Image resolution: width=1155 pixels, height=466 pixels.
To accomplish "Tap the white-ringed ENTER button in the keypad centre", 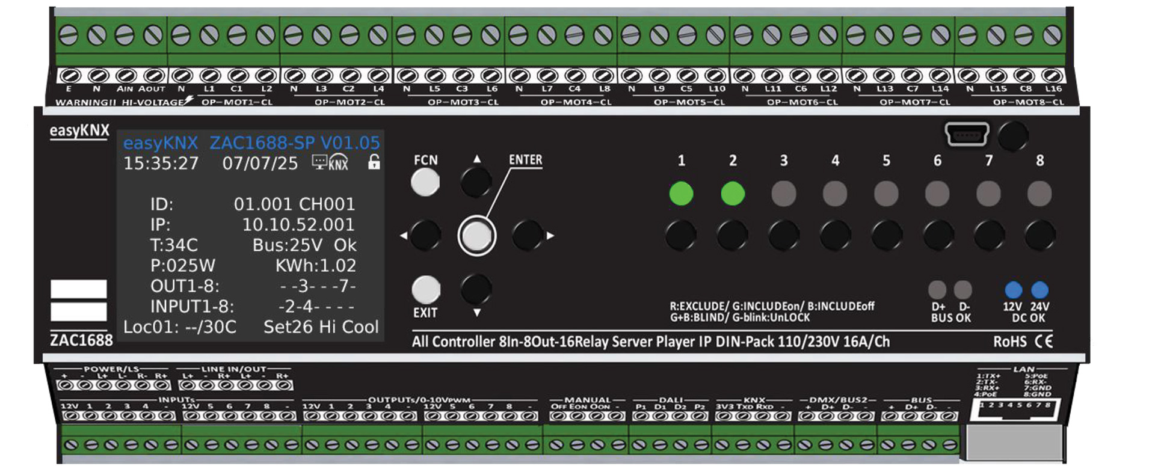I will (476, 235).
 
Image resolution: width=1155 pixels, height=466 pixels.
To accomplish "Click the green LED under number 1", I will (681, 194).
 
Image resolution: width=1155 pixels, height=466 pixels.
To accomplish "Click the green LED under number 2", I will (733, 194).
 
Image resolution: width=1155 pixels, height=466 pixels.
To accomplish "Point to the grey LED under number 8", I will (1039, 194).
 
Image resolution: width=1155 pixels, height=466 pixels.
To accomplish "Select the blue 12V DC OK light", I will (1013, 290).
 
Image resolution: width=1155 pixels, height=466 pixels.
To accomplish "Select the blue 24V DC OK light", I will (1039, 290).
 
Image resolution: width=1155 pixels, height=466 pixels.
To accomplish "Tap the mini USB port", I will (967, 134).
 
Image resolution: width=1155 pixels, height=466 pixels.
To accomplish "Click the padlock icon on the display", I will (374, 162).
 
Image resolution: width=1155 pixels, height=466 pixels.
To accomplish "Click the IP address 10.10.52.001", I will (298, 225).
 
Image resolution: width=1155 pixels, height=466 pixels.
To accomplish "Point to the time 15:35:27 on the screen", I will (161, 164).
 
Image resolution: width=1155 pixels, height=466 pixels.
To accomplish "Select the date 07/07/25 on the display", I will (260, 164).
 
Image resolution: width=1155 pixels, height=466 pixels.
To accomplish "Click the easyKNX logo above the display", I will (79, 130).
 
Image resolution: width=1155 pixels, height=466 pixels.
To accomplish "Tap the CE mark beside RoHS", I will (1044, 342).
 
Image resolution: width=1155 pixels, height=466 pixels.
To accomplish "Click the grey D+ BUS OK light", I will (937, 290).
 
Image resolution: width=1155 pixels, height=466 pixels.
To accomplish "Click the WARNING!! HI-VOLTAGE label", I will (120, 102).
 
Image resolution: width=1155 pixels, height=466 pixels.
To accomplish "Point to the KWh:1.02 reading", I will (315, 266).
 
